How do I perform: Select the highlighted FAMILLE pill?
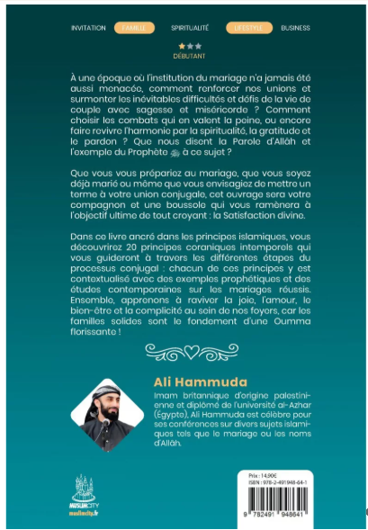point(134,28)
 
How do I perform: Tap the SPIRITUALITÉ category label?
point(190,28)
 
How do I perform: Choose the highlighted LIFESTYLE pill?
point(245,28)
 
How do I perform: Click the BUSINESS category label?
point(295,28)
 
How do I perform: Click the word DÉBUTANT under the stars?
point(190,53)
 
